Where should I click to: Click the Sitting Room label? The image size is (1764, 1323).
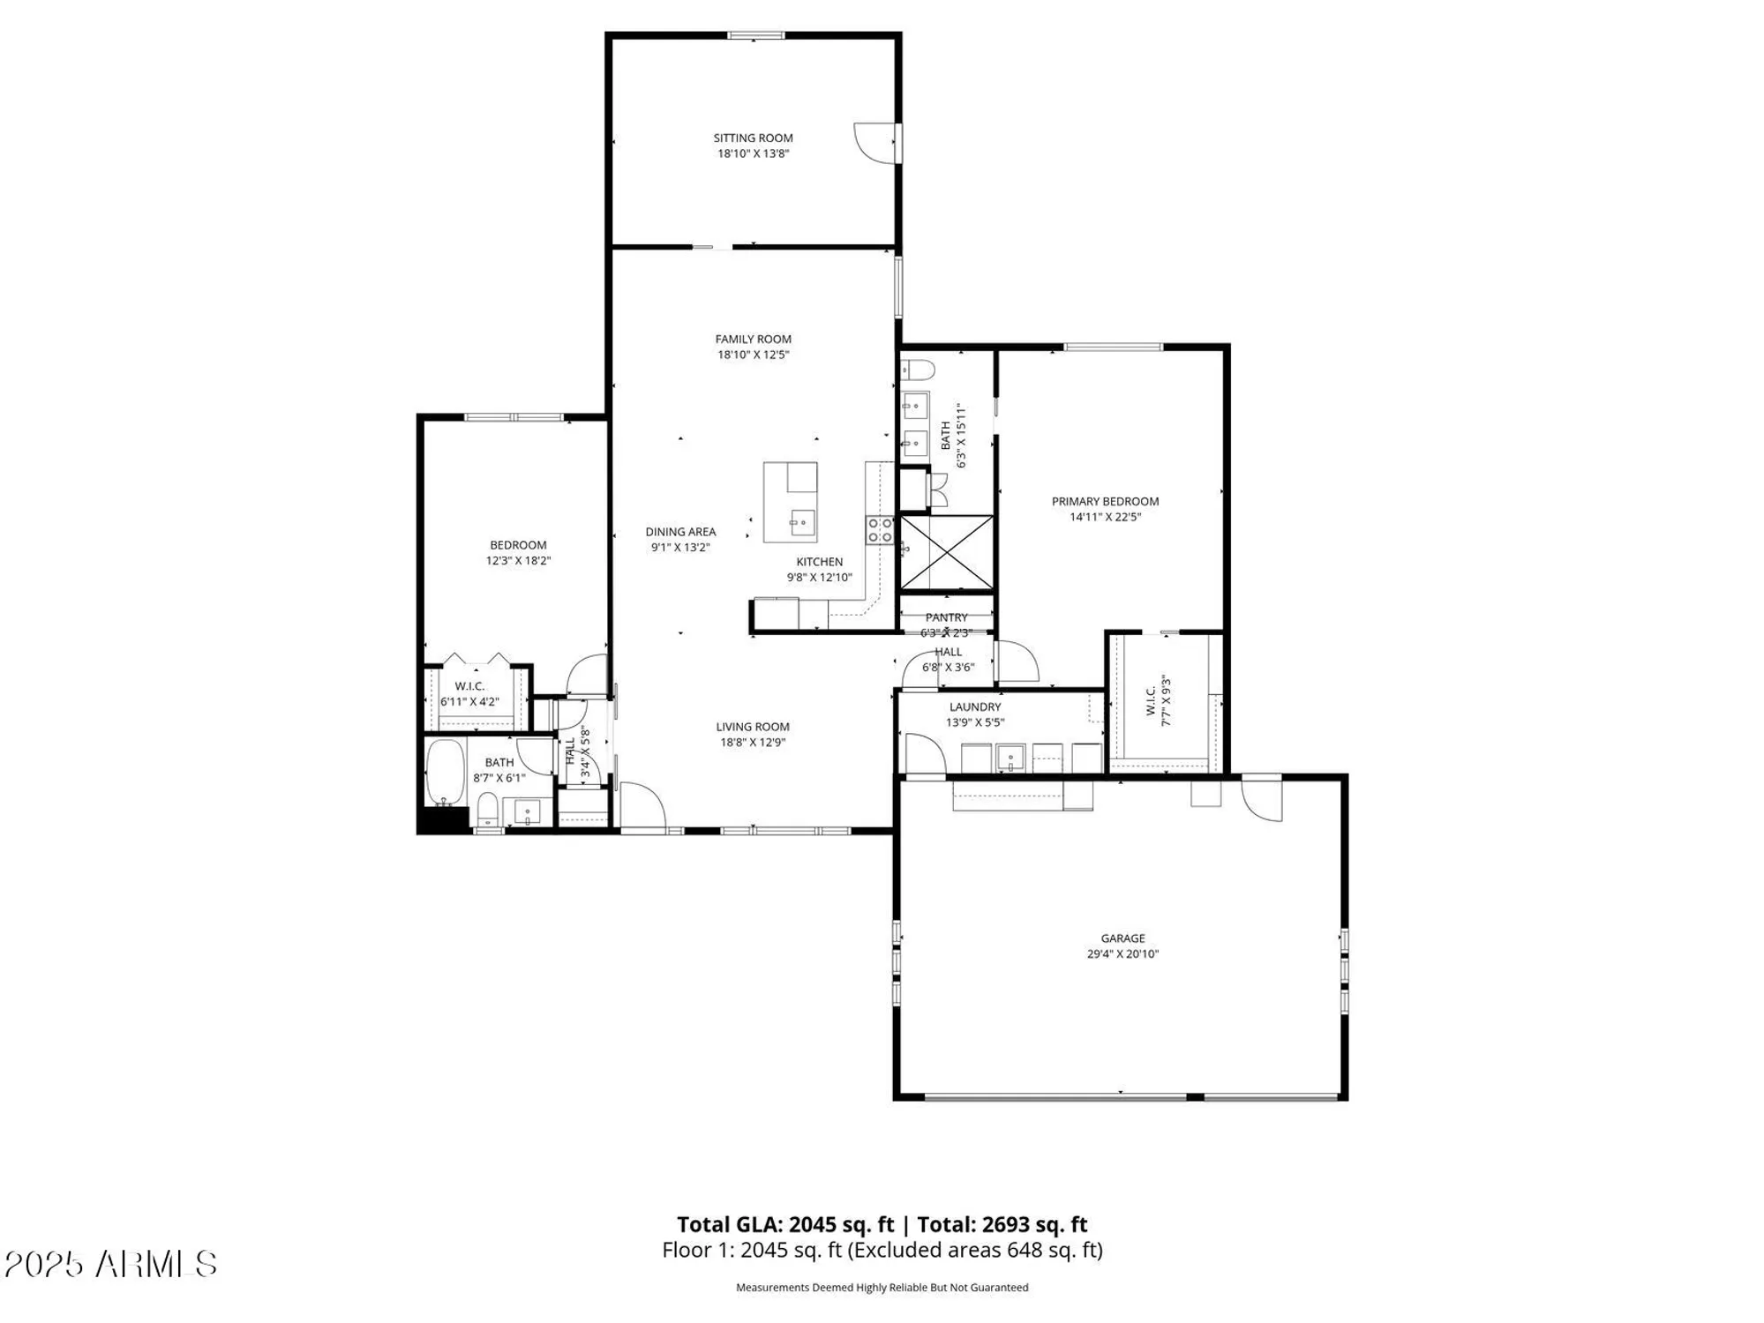tap(753, 138)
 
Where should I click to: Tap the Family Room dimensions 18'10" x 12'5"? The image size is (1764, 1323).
tap(753, 355)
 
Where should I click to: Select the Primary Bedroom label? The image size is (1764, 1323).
tap(1105, 501)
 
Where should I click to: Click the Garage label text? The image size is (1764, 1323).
tap(1122, 938)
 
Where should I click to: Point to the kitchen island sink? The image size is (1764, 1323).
tap(802, 522)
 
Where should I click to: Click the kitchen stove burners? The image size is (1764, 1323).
tap(880, 529)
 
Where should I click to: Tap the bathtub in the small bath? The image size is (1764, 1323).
tap(445, 772)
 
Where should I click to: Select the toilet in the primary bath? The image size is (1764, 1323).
tap(916, 368)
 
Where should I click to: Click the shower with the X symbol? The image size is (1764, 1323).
tap(946, 553)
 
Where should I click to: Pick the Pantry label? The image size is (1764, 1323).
tap(946, 617)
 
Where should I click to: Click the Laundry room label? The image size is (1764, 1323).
tap(975, 706)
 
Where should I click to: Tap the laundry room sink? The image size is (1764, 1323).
tap(1010, 757)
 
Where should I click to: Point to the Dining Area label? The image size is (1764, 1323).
tap(680, 532)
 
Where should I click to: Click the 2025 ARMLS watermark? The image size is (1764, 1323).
tap(110, 1264)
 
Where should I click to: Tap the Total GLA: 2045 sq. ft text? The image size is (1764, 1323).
tap(785, 1224)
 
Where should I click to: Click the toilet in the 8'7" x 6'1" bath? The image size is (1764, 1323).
tap(487, 808)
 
